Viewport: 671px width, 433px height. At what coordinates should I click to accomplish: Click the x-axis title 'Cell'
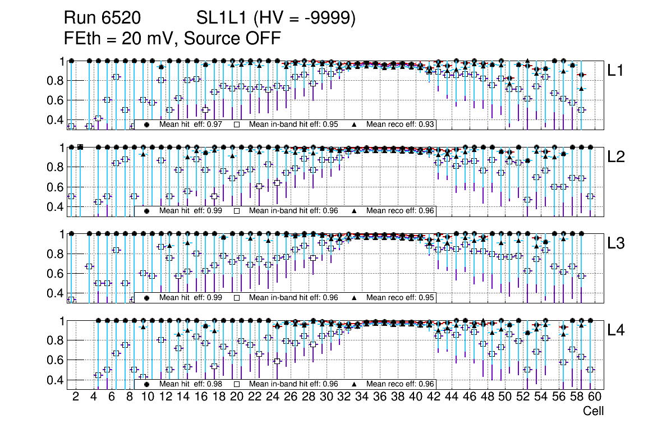[593, 411]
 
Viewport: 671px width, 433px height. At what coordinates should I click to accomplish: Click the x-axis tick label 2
[76, 397]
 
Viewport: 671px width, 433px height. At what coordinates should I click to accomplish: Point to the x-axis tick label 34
[361, 397]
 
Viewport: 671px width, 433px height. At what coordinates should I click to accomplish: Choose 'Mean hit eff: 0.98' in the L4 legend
[191, 384]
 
